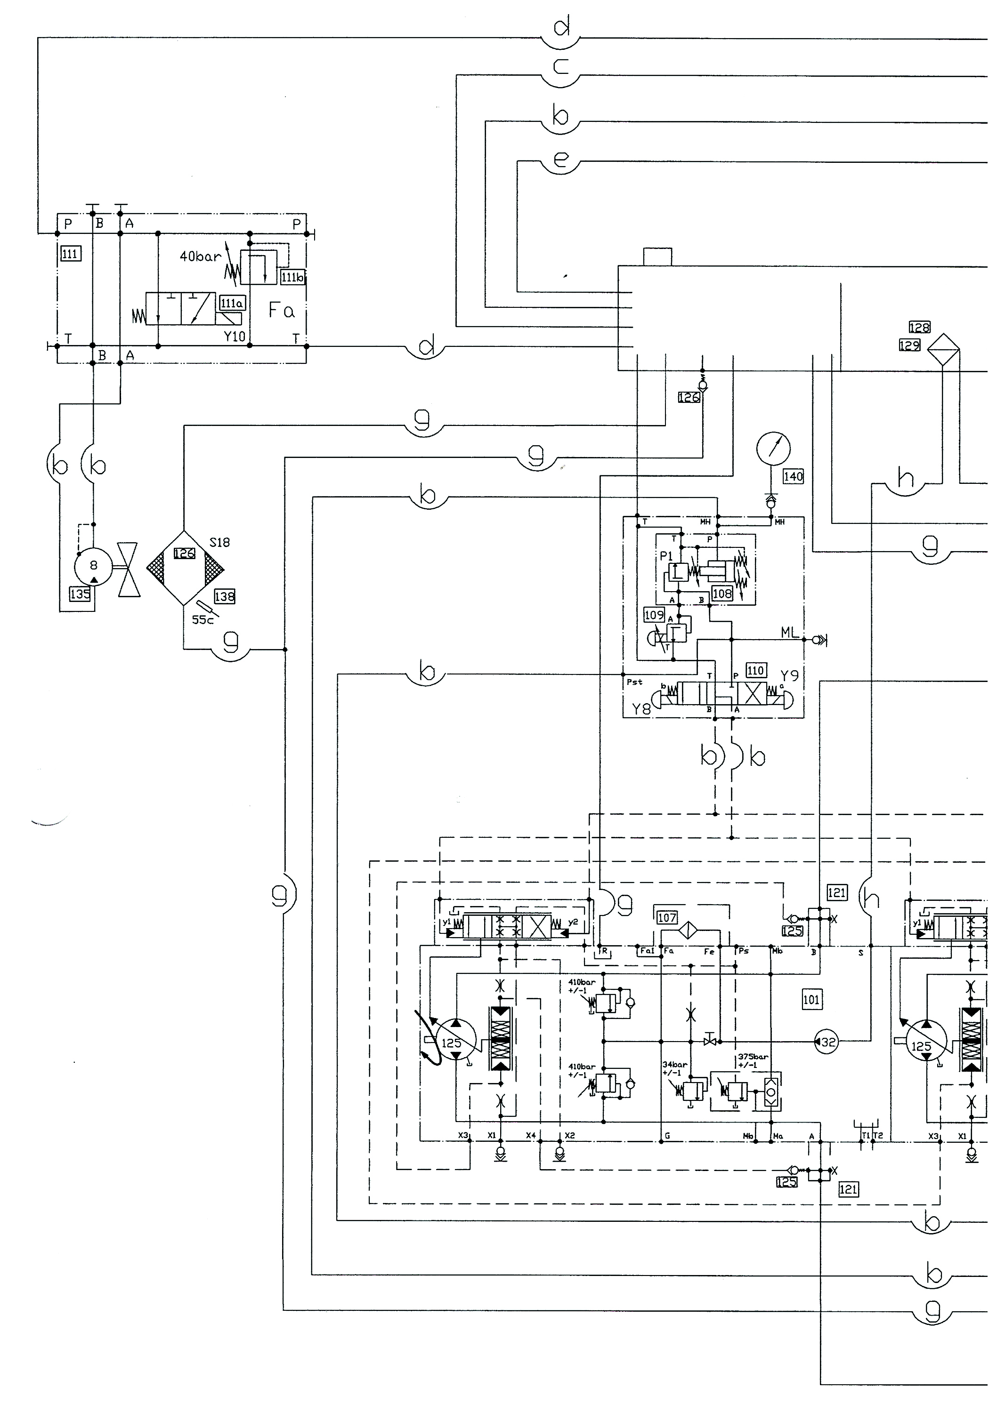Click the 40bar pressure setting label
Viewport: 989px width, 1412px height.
point(200,256)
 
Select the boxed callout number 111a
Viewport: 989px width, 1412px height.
point(232,303)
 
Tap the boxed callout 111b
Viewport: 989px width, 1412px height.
point(292,277)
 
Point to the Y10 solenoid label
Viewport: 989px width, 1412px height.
point(234,337)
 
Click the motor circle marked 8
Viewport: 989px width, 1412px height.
point(94,565)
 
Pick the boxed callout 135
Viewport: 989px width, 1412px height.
point(80,594)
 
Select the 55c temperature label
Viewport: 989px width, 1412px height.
point(203,620)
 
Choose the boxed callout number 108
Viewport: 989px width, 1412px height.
point(721,594)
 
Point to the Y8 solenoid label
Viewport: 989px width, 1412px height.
point(641,709)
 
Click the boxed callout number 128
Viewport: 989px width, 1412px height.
point(919,327)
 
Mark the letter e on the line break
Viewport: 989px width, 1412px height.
point(560,160)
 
